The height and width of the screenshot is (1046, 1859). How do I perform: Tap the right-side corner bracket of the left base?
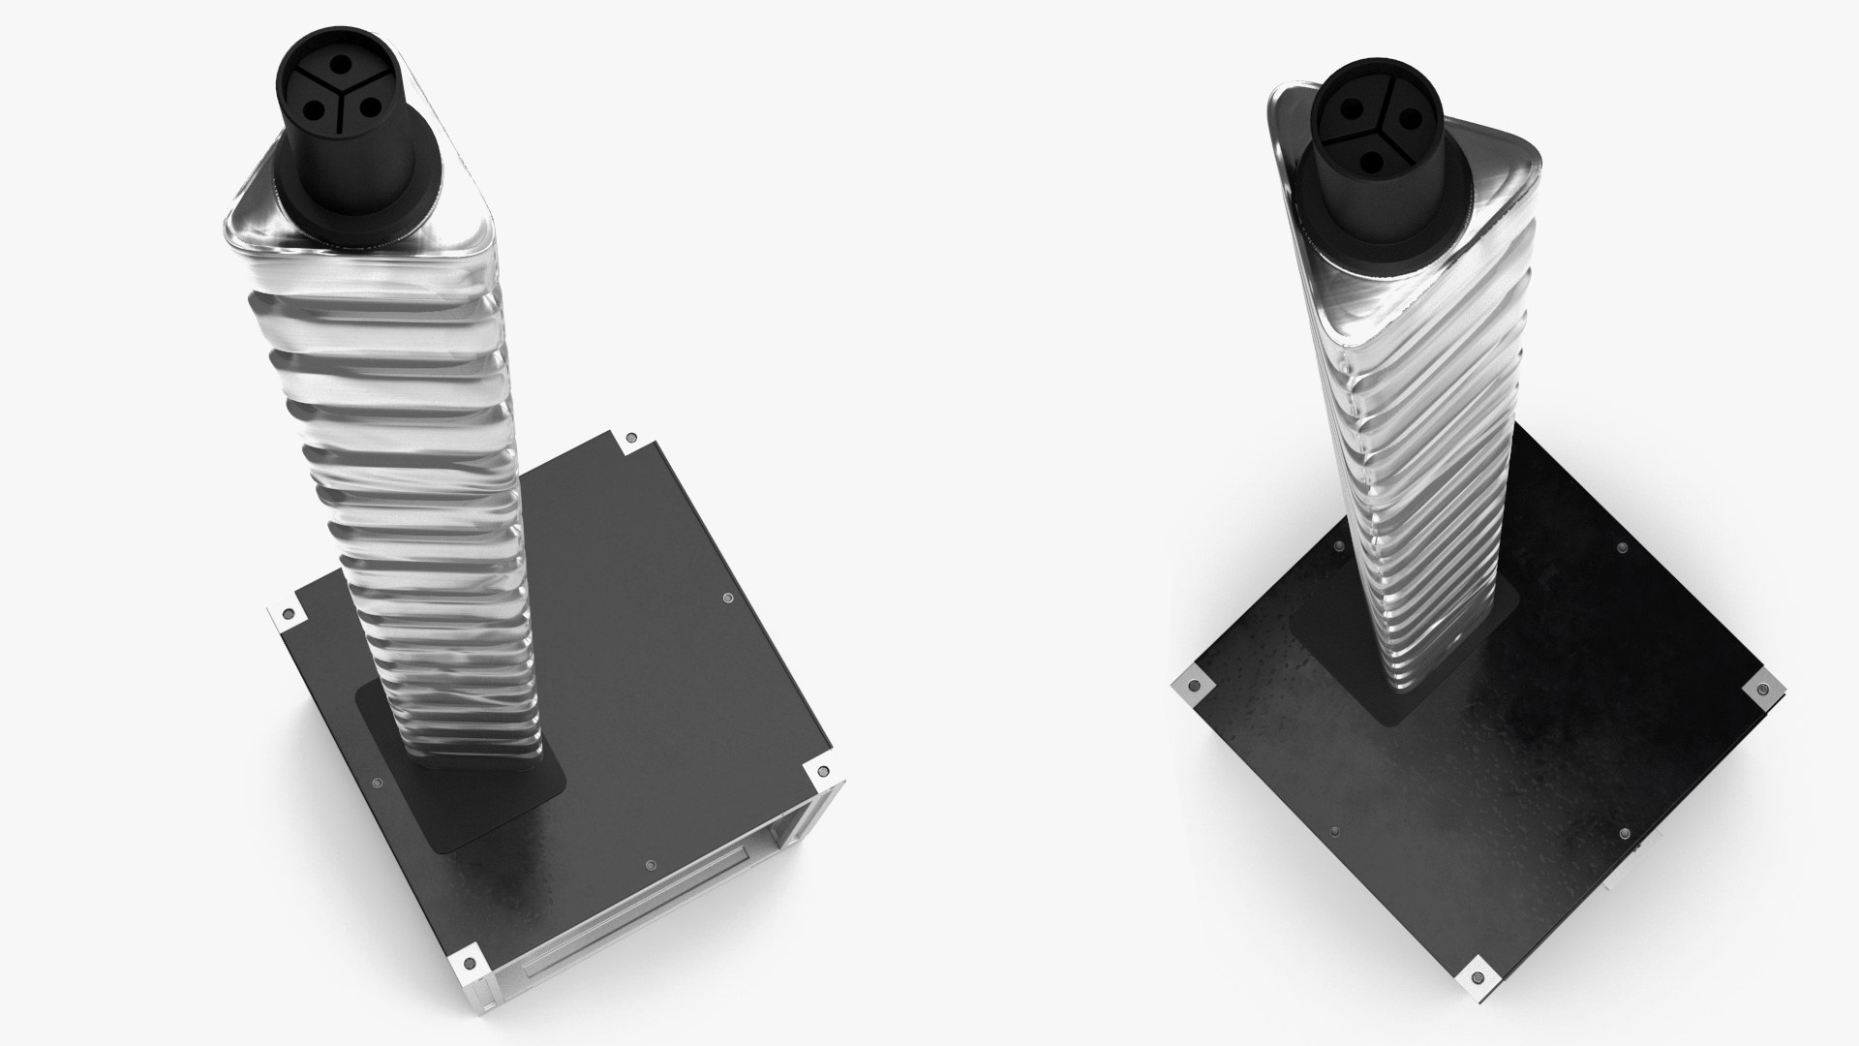[822, 772]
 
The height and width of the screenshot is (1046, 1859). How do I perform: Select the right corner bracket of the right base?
[1760, 690]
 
